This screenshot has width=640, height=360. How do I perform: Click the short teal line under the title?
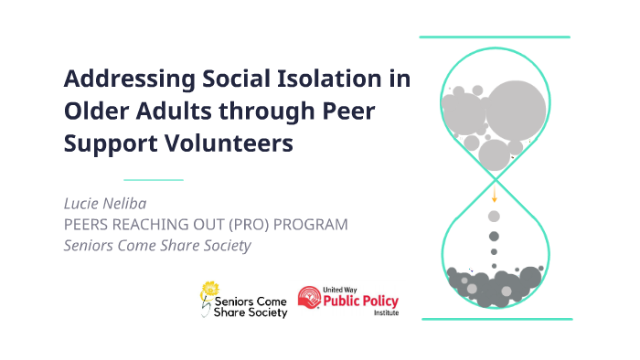154,180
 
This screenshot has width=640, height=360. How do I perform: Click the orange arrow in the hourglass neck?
495,195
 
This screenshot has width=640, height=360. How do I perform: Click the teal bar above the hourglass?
495,37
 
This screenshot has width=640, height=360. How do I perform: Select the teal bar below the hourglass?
495,319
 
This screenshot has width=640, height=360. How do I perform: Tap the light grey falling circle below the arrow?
495,217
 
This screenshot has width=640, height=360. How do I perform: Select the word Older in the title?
93,111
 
